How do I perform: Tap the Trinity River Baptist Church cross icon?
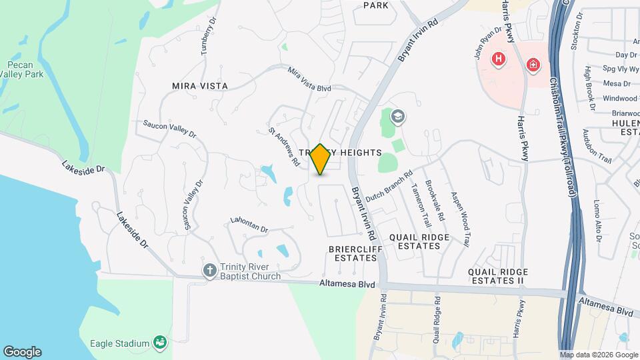click(209, 271)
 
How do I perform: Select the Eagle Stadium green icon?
click(160, 343)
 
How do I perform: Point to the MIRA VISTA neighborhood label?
click(200, 86)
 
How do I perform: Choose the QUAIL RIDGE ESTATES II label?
click(498, 277)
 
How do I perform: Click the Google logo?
click(22, 352)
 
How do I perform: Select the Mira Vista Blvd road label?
click(309, 79)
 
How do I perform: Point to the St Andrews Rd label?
click(284, 147)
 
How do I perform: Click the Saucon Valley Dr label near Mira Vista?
click(169, 129)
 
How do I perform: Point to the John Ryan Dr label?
click(487, 43)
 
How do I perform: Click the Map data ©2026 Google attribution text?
click(598, 355)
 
